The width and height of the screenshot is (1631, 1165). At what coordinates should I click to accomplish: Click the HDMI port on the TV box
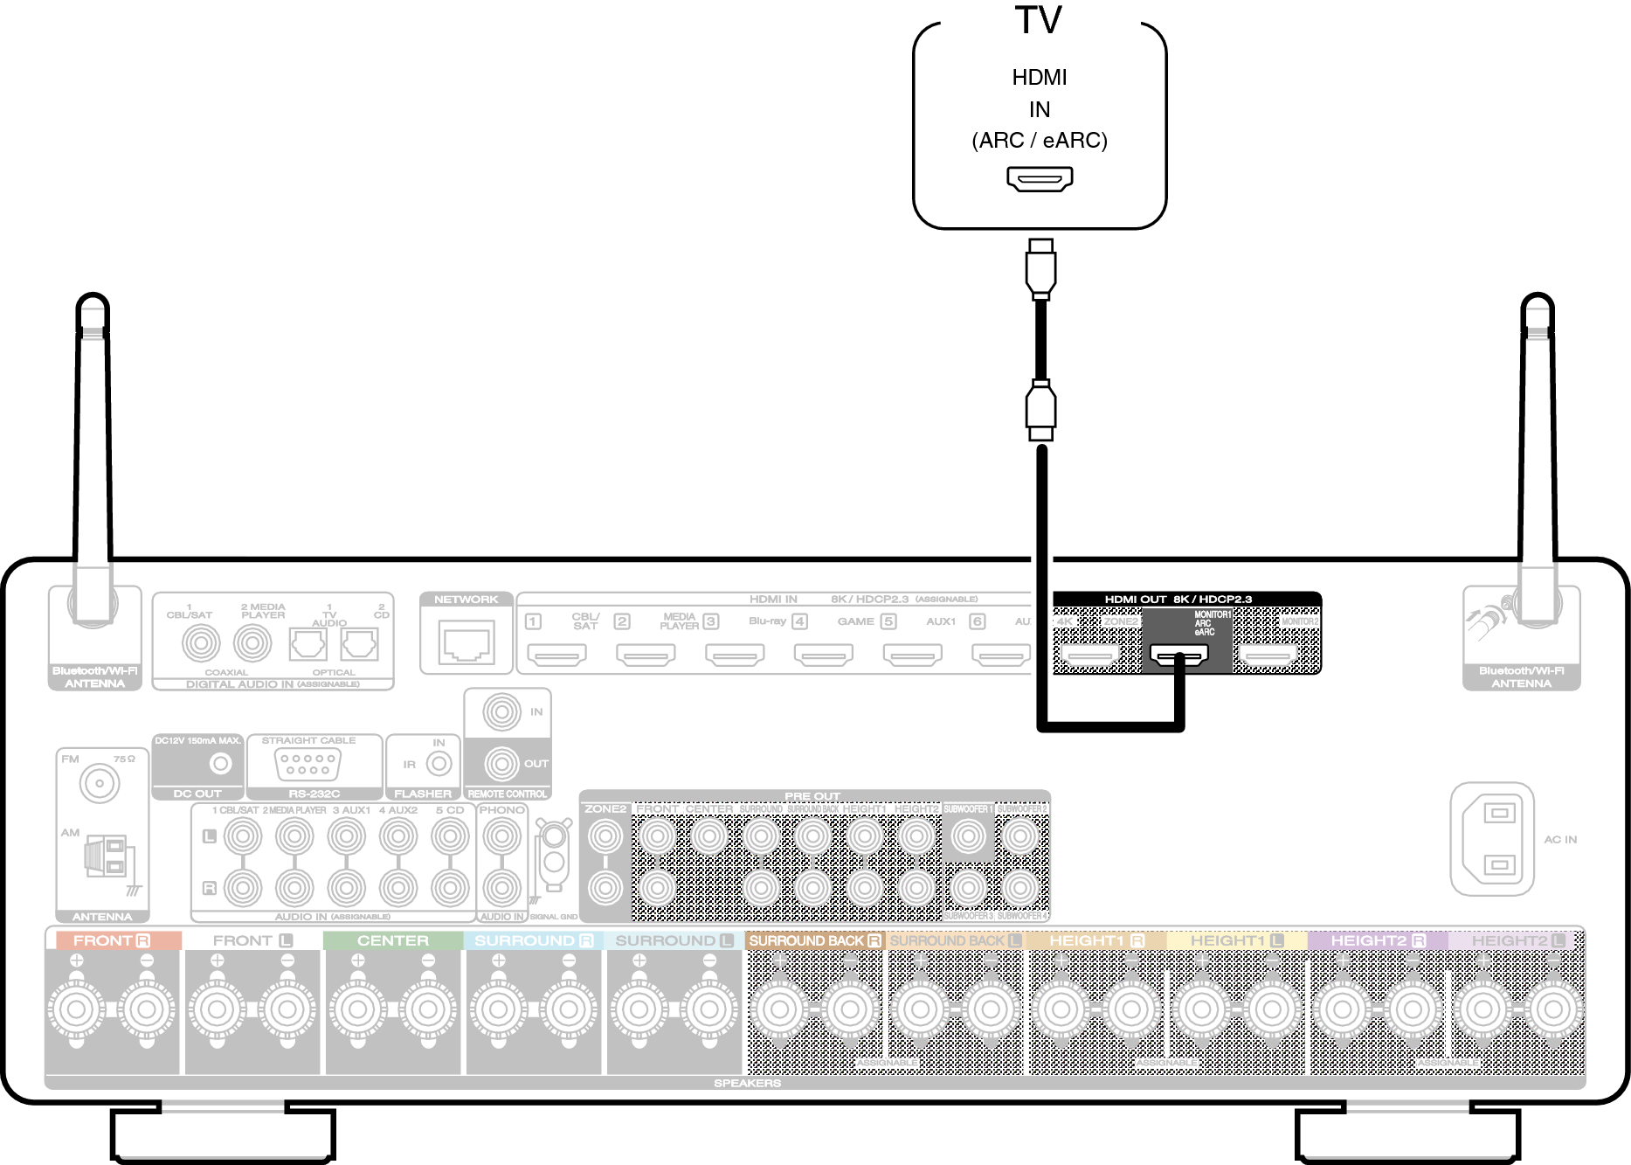point(1040,178)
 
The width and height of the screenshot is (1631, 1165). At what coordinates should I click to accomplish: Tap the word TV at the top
point(1039,20)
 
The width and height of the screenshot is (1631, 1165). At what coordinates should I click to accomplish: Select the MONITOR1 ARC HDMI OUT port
point(1179,654)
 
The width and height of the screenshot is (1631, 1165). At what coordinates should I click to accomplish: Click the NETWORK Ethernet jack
point(466,642)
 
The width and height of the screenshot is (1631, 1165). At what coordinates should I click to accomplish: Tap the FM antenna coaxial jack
point(100,783)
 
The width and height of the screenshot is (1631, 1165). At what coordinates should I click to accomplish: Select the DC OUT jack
point(221,764)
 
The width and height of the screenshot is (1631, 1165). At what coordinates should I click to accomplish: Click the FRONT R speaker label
point(112,940)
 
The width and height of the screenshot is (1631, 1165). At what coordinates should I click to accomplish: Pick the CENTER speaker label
point(393,940)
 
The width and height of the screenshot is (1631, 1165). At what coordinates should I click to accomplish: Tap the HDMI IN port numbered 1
point(557,654)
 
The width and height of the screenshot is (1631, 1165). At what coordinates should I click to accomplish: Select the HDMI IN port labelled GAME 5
point(912,654)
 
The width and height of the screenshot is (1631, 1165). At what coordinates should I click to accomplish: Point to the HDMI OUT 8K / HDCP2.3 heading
point(1178,599)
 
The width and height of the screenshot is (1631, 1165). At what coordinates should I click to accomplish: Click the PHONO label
point(501,810)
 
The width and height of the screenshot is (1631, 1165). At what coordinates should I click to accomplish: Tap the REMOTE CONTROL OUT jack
point(501,764)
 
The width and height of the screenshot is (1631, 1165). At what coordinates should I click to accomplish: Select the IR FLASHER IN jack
point(439,764)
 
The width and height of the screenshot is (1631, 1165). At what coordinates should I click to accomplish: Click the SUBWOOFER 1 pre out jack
point(968,836)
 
